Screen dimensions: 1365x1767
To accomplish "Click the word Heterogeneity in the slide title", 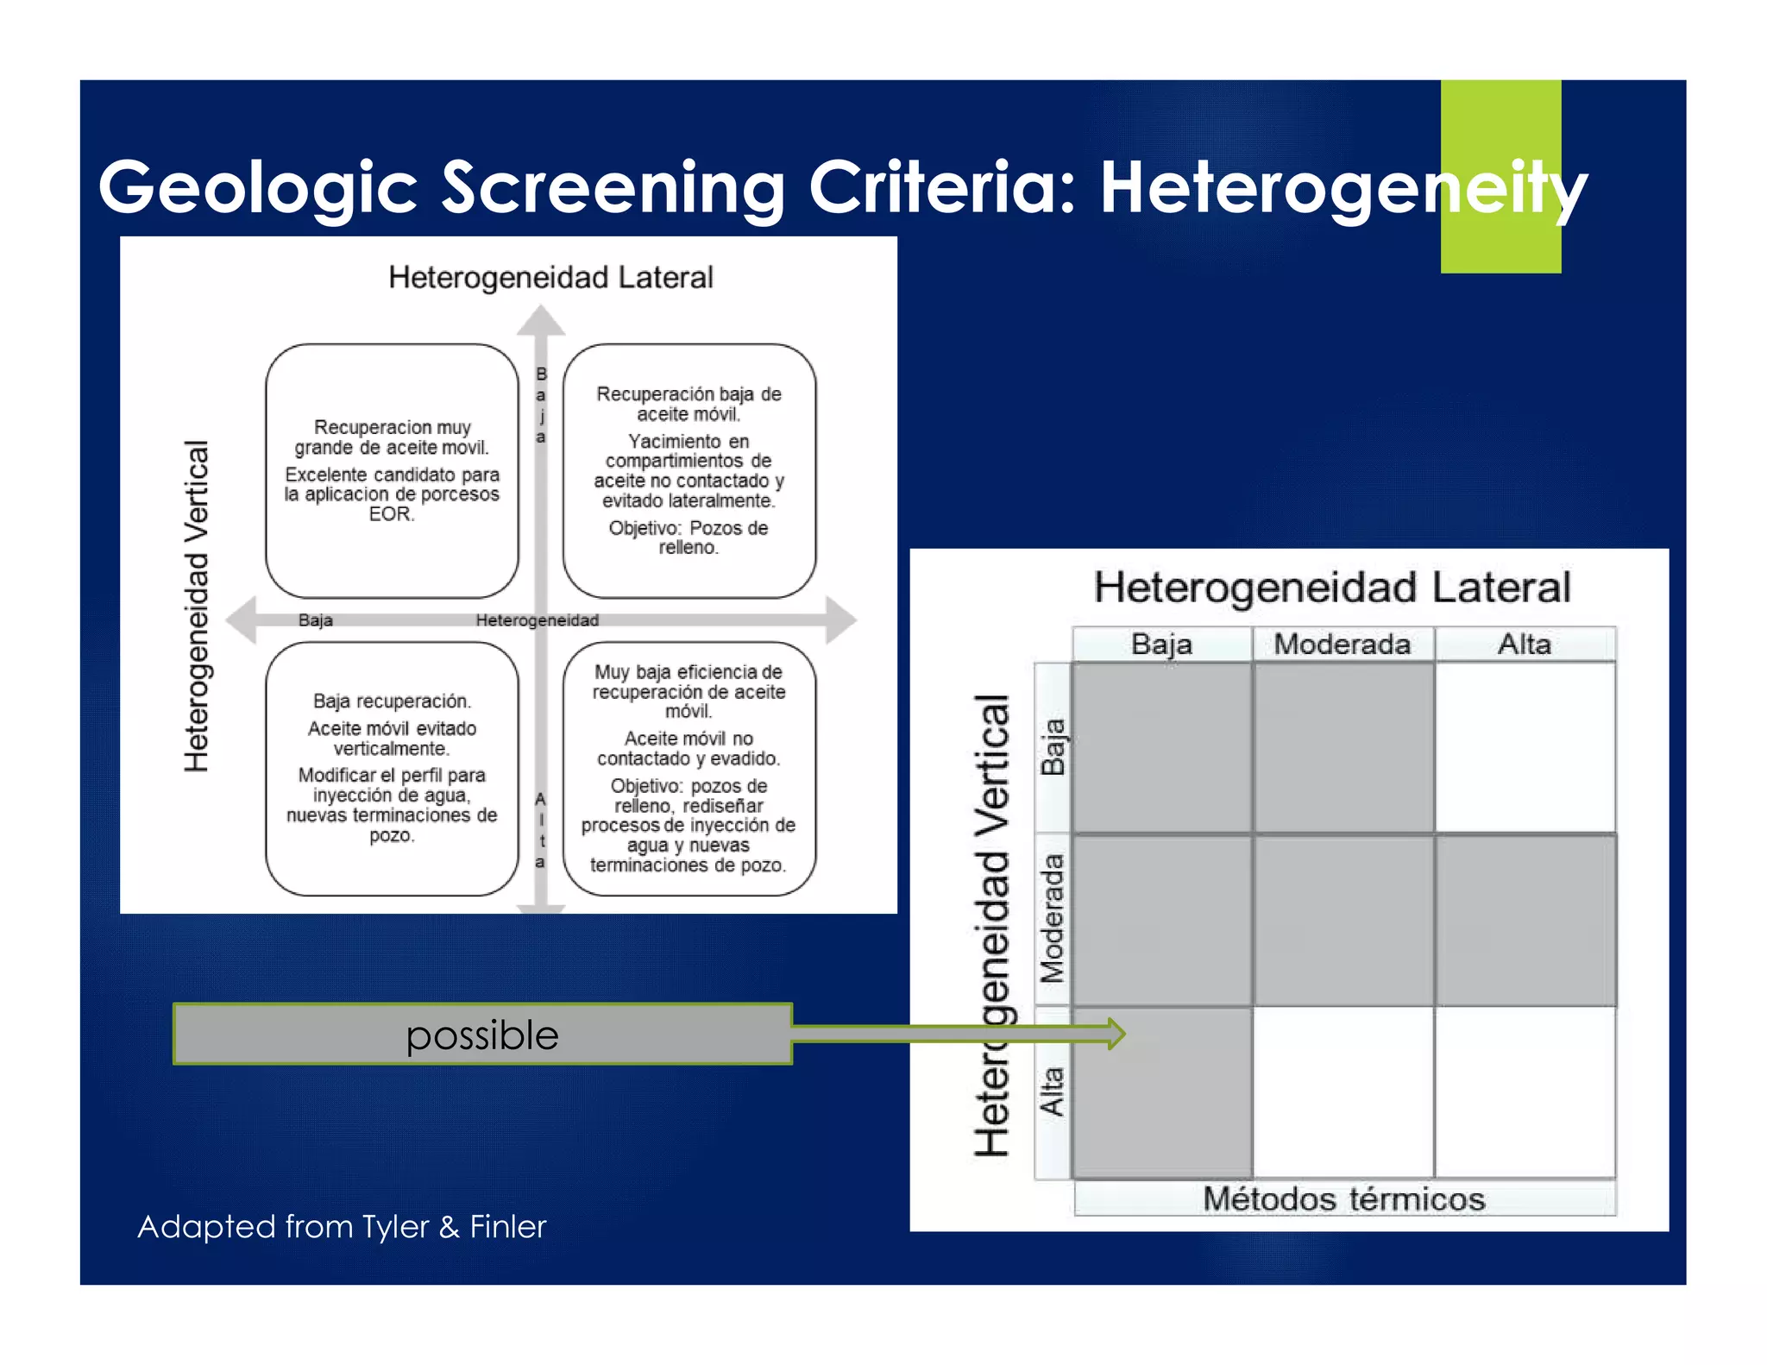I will pos(1342,188).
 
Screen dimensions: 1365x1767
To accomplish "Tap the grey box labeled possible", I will pos(482,1034).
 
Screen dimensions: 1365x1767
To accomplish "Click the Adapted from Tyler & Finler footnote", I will pos(342,1226).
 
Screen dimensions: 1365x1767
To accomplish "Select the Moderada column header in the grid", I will pos(1343,644).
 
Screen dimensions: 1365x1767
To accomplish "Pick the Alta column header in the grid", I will pos(1525,644).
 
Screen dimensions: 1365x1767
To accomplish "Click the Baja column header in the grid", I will pos(1161,644).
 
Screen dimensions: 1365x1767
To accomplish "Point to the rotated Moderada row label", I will pos(1053,919).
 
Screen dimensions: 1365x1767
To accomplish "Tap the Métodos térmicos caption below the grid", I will pos(1343,1198).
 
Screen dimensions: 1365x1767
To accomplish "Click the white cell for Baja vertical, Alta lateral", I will pos(1525,747).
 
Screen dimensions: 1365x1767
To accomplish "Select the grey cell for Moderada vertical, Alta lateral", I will pos(1525,920).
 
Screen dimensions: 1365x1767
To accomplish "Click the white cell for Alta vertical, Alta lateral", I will pos(1525,1092).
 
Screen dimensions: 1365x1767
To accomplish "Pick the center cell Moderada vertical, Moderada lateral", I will pos(1343,920).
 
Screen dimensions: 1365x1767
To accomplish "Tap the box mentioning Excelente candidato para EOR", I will pos(392,470).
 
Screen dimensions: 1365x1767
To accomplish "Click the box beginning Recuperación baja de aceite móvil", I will pos(689,470).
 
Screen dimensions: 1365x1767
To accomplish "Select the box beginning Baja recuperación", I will pos(392,768).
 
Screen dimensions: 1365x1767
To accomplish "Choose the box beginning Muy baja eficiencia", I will pos(689,768).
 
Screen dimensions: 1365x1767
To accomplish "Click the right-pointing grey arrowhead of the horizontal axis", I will pos(840,620).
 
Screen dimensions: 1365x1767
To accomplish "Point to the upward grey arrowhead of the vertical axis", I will pos(541,321).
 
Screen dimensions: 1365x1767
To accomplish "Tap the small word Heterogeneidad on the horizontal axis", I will pos(537,620).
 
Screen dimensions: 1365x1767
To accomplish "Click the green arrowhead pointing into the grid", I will pos(1117,1033).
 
